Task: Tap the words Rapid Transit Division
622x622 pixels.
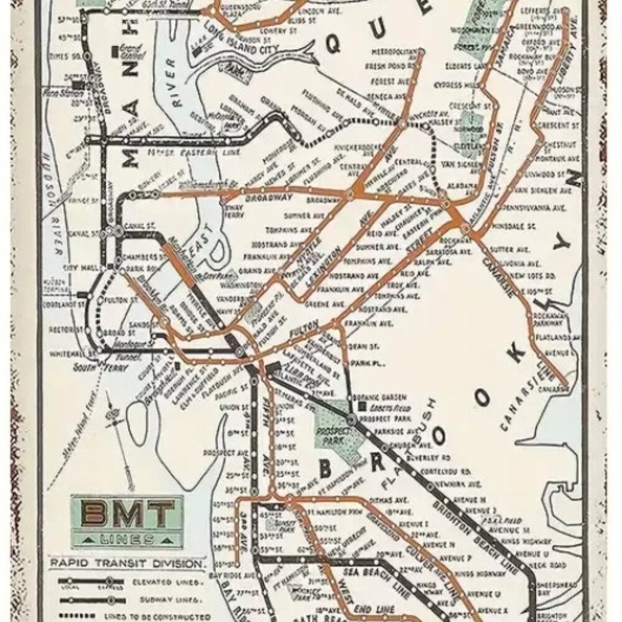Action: (x=127, y=564)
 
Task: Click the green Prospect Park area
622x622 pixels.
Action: (x=333, y=429)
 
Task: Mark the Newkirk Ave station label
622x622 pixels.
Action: (x=458, y=483)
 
